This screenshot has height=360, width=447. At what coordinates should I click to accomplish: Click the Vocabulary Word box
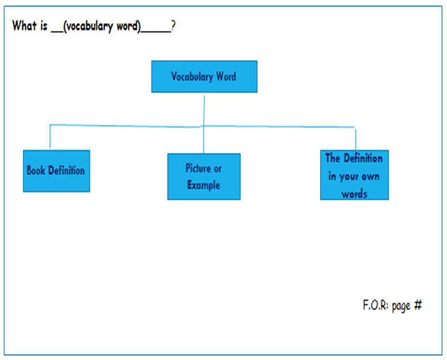pyautogui.click(x=204, y=76)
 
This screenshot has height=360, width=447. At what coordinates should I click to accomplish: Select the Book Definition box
pyautogui.click(x=56, y=171)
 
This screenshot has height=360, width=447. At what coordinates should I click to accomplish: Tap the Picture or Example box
pyautogui.click(x=204, y=177)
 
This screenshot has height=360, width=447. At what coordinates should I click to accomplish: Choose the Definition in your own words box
pyautogui.click(x=355, y=175)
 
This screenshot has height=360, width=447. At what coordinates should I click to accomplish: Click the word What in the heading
pyautogui.click(x=25, y=25)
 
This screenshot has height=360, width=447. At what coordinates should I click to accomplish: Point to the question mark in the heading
pyautogui.click(x=173, y=26)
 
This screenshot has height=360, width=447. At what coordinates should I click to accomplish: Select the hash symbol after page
pyautogui.click(x=418, y=305)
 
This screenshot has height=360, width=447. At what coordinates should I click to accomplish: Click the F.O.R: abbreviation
pyautogui.click(x=375, y=305)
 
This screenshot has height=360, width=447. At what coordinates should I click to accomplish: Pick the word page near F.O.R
pyautogui.click(x=401, y=306)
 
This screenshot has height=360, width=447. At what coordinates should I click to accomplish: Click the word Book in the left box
pyautogui.click(x=36, y=170)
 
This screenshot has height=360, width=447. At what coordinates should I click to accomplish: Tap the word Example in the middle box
pyautogui.click(x=204, y=185)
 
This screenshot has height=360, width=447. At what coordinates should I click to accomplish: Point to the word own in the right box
pyautogui.click(x=371, y=177)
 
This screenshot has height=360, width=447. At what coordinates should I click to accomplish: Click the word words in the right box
pyautogui.click(x=355, y=194)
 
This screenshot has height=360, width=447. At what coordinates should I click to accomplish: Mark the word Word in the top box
pyautogui.click(x=226, y=76)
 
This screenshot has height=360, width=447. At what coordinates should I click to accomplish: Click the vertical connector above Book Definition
pyautogui.click(x=50, y=136)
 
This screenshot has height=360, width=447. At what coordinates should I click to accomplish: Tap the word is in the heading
pyautogui.click(x=43, y=26)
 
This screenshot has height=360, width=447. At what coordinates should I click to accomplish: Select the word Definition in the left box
pyautogui.click(x=66, y=170)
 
